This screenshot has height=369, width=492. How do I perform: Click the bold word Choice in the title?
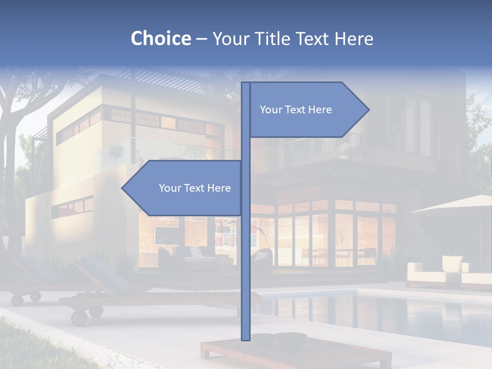pyautogui.click(x=160, y=39)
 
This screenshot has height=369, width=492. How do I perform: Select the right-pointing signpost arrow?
pyautogui.click(x=307, y=110)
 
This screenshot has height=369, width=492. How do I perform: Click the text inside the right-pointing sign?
pyautogui.click(x=296, y=110)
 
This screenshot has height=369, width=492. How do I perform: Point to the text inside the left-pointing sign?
pyautogui.click(x=195, y=188)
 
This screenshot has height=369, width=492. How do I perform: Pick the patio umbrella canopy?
pyautogui.click(x=456, y=205)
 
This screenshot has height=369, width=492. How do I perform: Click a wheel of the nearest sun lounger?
pyautogui.click(x=79, y=318)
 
